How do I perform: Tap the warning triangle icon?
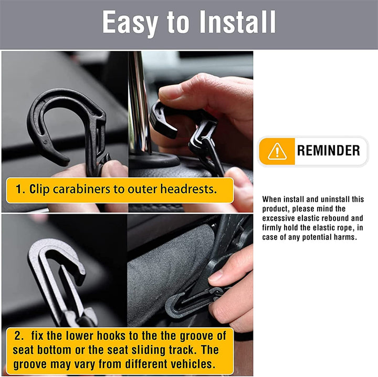pyautogui.click(x=277, y=151)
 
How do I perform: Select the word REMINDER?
pyautogui.click(x=328, y=151)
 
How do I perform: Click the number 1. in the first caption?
pyautogui.click(x=20, y=190)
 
